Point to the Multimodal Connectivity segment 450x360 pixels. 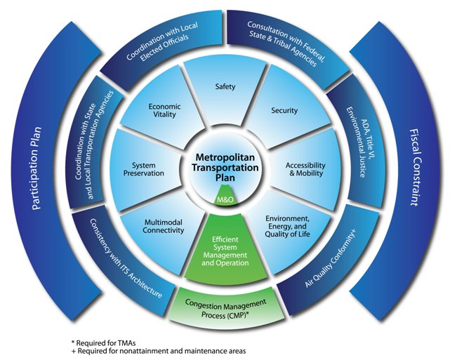[164, 225]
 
